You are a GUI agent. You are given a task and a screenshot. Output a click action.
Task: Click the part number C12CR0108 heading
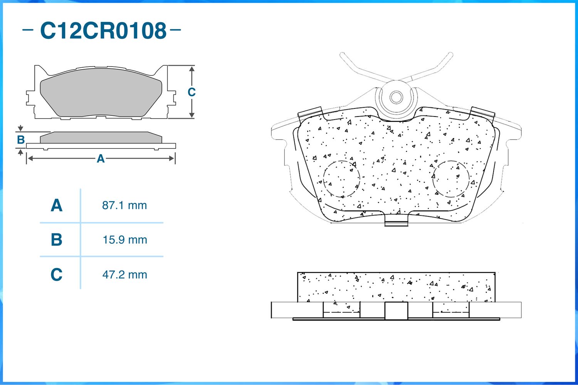[103, 31]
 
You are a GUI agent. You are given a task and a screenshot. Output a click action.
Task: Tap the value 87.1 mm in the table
[124, 205]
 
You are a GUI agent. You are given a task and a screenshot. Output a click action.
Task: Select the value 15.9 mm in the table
[125, 240]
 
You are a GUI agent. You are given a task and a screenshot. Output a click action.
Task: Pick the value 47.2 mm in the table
[124, 275]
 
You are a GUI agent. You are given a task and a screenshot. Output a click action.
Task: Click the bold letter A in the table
[57, 205]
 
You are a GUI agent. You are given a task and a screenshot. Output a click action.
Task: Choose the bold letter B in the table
[57, 240]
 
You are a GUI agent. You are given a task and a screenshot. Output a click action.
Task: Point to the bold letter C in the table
[57, 275]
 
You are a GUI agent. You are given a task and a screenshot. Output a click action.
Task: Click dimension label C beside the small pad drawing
[192, 92]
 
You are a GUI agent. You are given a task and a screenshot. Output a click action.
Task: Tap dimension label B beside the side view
[21, 140]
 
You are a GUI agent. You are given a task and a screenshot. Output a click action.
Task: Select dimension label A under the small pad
[101, 158]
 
